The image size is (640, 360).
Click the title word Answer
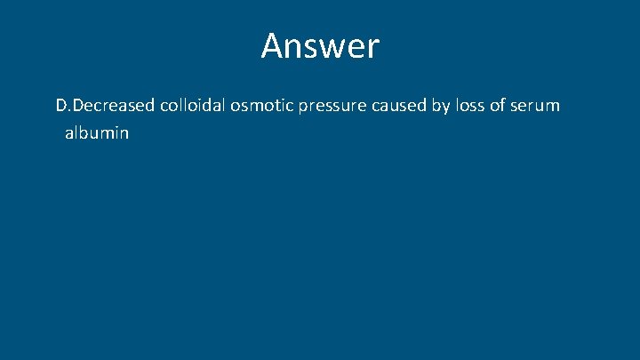click(x=320, y=46)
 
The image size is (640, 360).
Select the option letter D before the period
click(x=61, y=106)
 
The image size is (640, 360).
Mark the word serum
click(x=538, y=107)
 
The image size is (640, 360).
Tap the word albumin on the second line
click(x=97, y=133)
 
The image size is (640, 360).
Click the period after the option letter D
click(x=69, y=110)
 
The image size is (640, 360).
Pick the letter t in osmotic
click(x=280, y=106)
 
